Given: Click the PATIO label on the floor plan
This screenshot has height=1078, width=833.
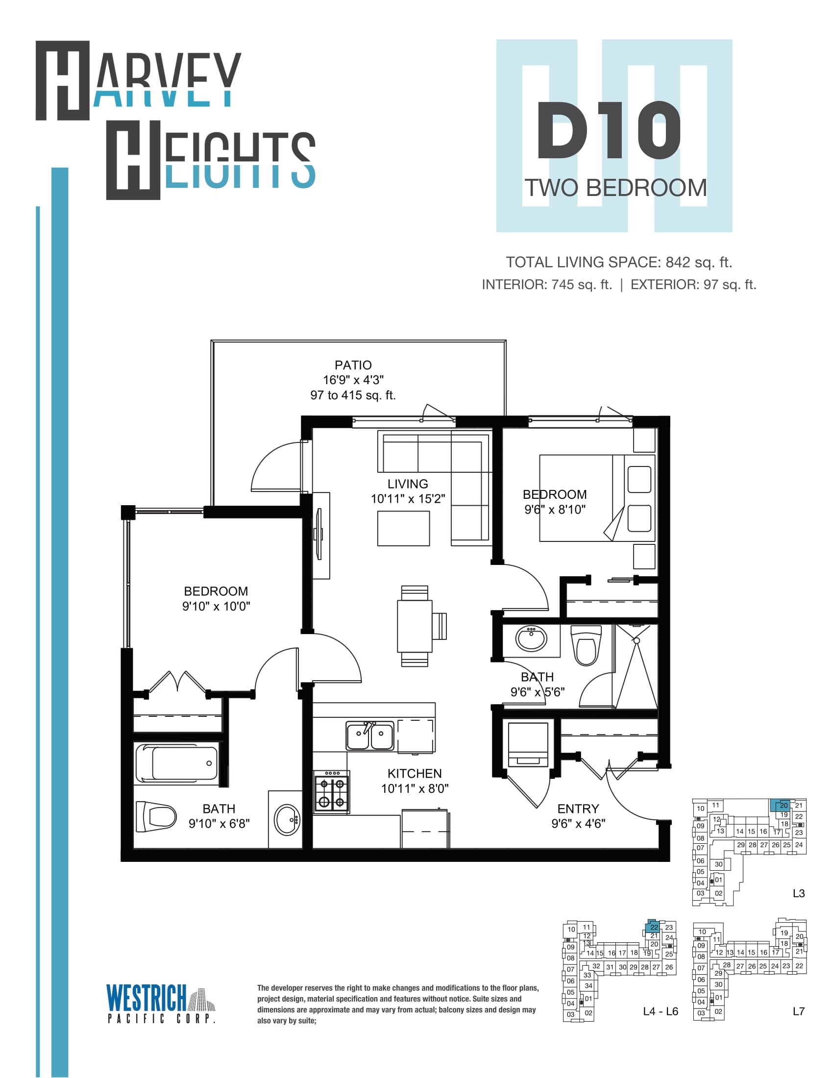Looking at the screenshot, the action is point(353,365).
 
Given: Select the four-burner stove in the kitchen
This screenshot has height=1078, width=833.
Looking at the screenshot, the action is point(332,791).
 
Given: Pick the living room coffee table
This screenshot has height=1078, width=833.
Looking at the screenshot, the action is point(403,528).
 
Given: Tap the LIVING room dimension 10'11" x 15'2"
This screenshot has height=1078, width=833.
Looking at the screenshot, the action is point(408,498).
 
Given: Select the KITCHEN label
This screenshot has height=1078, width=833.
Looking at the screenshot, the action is point(415,773).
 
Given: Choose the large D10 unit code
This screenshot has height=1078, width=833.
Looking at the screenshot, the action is point(610,130).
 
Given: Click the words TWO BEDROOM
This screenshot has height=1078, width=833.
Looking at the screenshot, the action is point(615,188).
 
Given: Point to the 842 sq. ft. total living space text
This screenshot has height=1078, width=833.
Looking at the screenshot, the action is point(699,262).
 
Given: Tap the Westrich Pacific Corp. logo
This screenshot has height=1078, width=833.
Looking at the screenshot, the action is point(161,1004).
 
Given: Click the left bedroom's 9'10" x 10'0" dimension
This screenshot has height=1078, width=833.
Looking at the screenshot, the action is point(216,606).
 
